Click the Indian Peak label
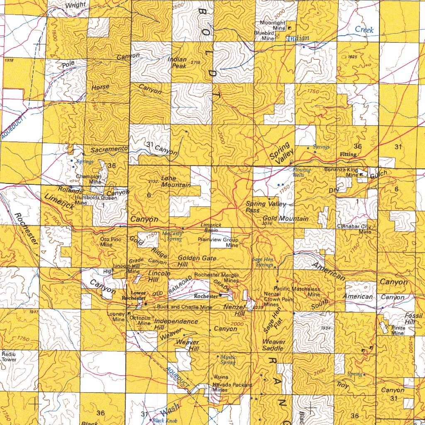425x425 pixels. (x=177, y=63)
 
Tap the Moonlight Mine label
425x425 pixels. (x=273, y=25)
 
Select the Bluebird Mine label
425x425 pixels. (x=264, y=35)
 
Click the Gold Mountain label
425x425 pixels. (x=286, y=218)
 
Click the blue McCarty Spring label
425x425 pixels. (x=171, y=236)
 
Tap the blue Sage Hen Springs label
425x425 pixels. (x=263, y=262)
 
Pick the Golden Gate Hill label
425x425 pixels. (x=197, y=261)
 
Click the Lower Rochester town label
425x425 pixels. (x=134, y=296)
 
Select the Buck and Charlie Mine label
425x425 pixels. (x=184, y=307)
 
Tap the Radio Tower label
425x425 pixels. (x=9, y=357)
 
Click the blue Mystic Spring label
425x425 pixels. (x=228, y=359)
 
